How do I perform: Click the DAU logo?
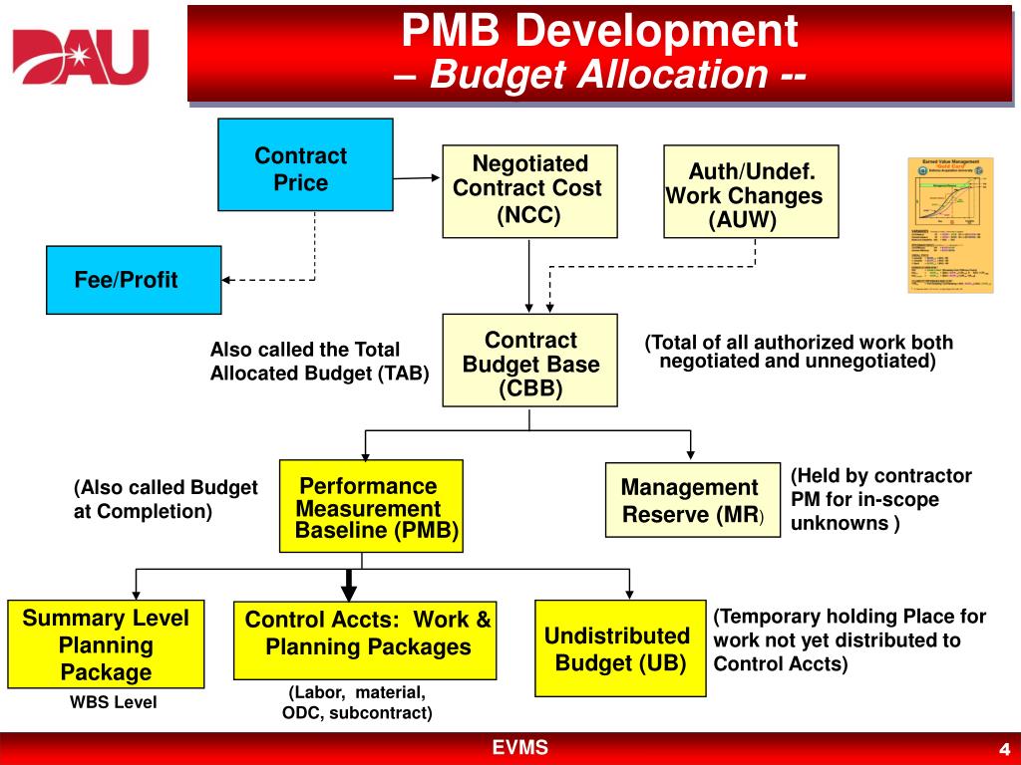pos(80,57)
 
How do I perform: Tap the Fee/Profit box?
pos(134,280)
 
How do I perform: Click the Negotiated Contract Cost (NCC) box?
pos(529,190)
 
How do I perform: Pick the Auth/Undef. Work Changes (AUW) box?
pos(751,191)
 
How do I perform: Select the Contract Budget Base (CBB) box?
pos(529,360)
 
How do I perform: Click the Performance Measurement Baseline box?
pos(371,506)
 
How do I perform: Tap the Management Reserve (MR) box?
pos(692,500)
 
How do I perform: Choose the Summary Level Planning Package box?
pos(106,644)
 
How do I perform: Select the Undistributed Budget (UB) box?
pos(621,648)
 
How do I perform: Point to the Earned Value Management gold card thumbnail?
pos(950,225)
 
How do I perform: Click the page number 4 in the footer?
pos(1004,749)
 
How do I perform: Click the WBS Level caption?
pos(113,703)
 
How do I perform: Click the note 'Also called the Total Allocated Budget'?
pos(319,362)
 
